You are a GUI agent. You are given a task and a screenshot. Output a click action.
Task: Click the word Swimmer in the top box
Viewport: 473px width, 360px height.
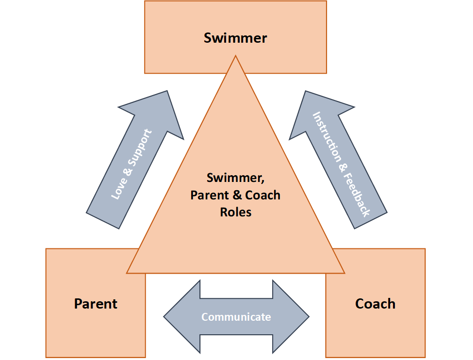235,38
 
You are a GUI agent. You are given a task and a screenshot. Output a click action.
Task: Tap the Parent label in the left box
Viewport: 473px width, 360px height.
96,304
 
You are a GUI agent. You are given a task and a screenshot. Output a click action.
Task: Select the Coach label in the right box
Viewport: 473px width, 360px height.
375,304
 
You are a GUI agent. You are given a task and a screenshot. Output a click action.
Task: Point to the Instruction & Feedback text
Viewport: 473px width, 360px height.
341,164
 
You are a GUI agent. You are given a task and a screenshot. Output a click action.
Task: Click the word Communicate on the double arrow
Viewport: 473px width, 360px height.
236,317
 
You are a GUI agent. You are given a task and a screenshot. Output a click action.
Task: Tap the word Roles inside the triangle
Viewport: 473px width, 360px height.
236,212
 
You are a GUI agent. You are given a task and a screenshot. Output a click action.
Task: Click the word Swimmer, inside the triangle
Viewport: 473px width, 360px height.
235,178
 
